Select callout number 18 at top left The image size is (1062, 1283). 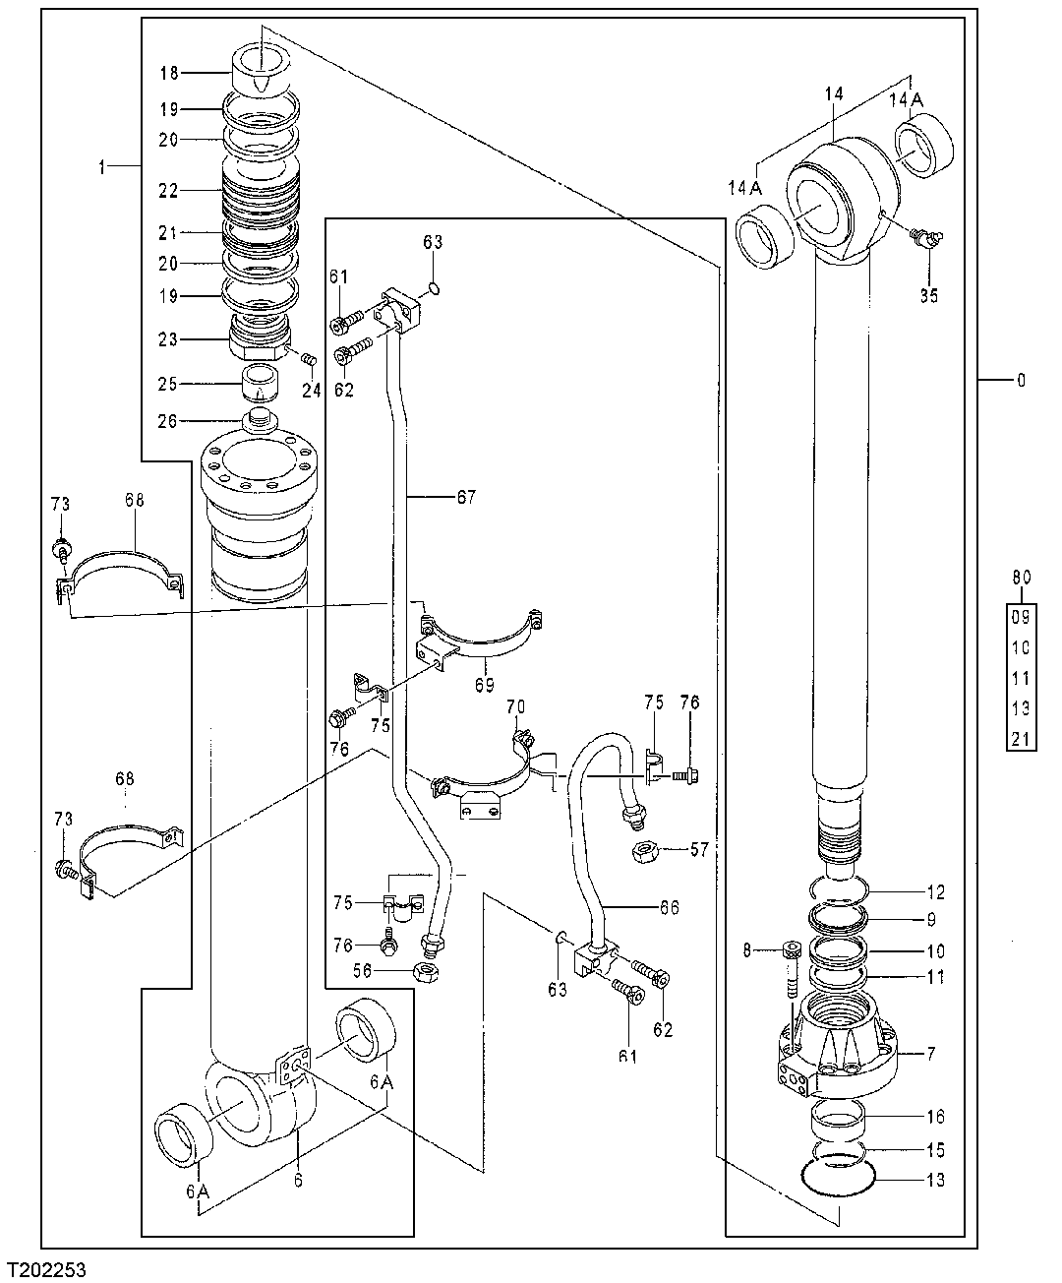pyautogui.click(x=168, y=73)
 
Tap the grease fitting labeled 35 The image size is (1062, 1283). pyautogui.click(x=924, y=237)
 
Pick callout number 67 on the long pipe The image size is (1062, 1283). pyautogui.click(x=465, y=498)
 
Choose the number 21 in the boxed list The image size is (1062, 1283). pyautogui.click(x=1021, y=739)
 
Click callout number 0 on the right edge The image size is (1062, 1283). pyautogui.click(x=1021, y=380)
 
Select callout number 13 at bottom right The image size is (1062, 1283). pyautogui.click(x=935, y=1180)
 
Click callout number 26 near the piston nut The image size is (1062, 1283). pyautogui.click(x=169, y=421)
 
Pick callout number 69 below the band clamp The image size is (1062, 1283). pyautogui.click(x=482, y=682)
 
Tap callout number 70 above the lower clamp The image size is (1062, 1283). pyautogui.click(x=515, y=706)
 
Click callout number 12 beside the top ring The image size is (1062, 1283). pyautogui.click(x=935, y=892)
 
